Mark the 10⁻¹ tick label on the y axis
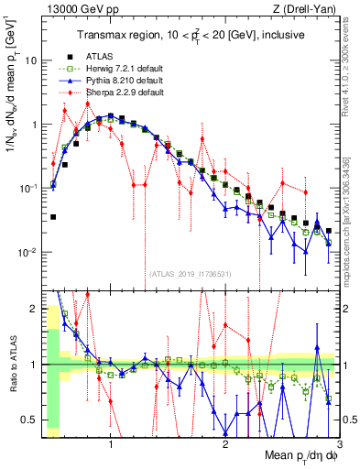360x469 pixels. (29, 188)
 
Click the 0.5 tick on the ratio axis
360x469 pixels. (30, 420)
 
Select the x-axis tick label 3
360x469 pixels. (339, 446)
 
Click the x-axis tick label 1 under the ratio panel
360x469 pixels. (111, 446)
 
